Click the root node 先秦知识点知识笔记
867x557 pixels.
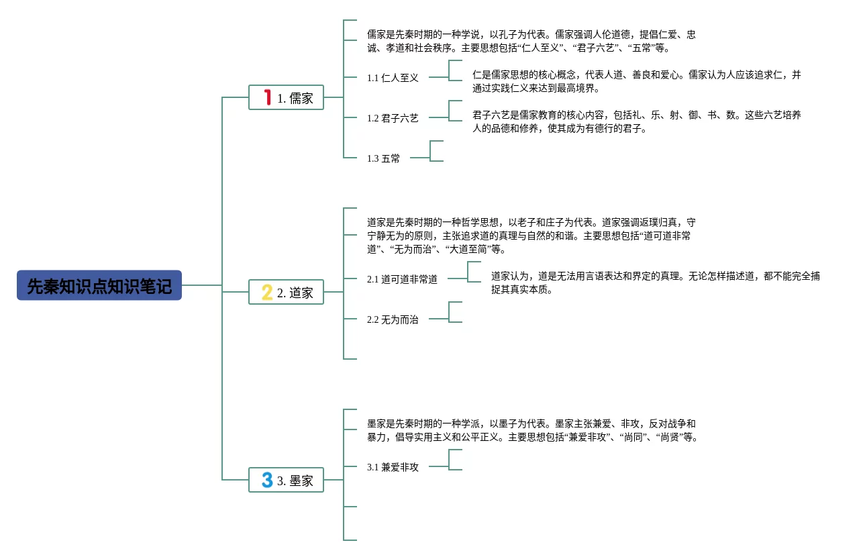99,285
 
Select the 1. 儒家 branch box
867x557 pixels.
287,97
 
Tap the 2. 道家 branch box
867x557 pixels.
287,292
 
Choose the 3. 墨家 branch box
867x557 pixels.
287,480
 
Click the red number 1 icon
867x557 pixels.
268,97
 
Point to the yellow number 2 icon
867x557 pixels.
267,292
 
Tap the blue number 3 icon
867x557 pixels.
267,480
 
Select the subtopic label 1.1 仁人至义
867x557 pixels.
393,78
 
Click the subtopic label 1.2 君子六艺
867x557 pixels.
393,118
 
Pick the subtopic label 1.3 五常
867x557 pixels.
383,158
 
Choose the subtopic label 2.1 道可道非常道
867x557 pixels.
402,279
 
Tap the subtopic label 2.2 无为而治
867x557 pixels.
393,319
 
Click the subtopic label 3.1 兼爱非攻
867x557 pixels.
393,467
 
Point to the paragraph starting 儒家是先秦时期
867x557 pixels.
531,41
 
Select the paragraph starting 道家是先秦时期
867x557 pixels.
531,236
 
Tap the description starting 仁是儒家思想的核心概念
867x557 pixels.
636,81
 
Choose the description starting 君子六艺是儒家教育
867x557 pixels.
636,121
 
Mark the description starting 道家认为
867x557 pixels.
655,283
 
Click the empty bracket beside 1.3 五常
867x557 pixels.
436,151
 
